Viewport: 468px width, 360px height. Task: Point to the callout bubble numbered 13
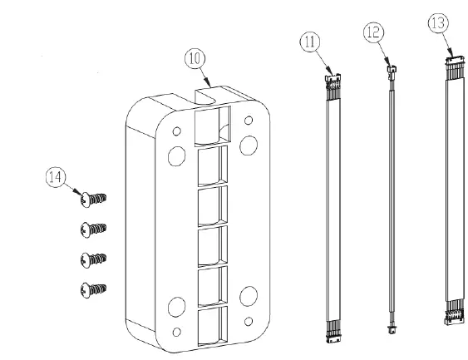tap(438, 22)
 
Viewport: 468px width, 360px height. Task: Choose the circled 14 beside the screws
tap(56, 176)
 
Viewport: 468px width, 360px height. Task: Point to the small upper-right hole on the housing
tap(249, 121)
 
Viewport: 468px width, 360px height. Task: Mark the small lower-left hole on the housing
tap(176, 334)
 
